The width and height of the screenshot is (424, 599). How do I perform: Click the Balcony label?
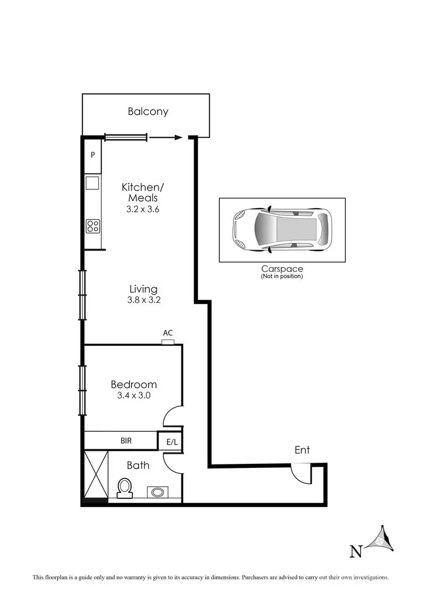148,111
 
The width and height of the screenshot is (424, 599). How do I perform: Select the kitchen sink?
92,183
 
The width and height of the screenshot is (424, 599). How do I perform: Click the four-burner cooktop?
93,226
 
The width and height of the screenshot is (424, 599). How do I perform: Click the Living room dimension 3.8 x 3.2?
144,300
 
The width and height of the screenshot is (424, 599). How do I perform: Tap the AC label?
167,333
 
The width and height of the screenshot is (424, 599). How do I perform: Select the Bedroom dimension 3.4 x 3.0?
133,396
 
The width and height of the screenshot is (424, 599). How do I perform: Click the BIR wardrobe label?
126,440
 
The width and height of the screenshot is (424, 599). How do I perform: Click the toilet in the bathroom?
124,487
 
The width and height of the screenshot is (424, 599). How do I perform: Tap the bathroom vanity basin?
158,492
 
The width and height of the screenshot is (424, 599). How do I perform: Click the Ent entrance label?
302,450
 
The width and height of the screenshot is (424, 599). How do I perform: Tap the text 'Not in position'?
282,276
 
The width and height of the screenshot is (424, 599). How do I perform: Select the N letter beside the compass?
356,551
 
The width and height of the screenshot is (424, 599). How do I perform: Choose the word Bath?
138,465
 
